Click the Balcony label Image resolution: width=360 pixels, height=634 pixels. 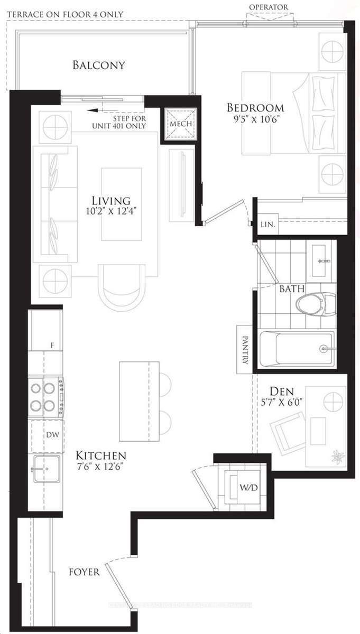pos(99,66)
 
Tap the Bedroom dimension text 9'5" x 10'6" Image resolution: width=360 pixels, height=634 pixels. pos(255,119)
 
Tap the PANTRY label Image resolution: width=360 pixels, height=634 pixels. pos(245,350)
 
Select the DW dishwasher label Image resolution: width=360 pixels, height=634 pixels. pos(52,435)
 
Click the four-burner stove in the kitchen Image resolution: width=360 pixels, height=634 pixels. pos(44,397)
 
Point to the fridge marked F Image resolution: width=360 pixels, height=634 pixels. pos(47,330)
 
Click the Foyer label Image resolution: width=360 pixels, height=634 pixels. pos(84,572)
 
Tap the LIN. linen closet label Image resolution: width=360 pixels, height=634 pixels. pos(268,225)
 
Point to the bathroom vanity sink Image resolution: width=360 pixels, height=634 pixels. pos(322,260)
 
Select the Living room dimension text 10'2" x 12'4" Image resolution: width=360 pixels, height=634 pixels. pos(111,212)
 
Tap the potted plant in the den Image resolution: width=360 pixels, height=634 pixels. pos(337,457)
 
